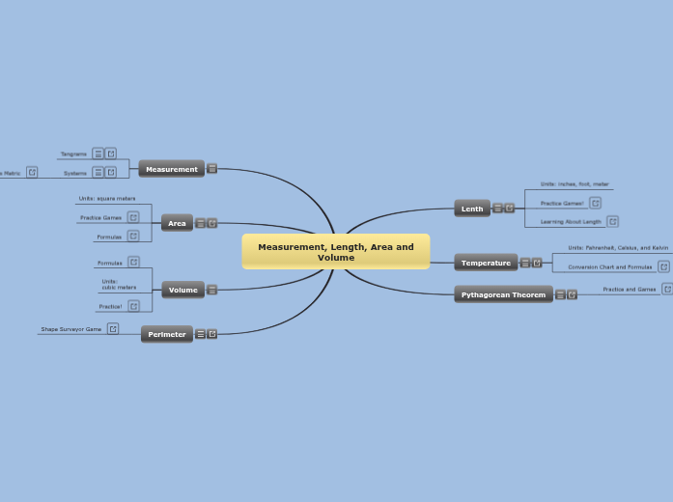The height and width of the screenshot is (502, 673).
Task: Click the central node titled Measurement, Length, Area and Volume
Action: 335,252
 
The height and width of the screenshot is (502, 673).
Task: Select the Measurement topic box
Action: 171,169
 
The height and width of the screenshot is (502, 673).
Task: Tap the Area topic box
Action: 177,223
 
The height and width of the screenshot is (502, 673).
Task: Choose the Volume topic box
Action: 182,290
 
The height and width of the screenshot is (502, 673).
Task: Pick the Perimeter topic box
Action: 167,334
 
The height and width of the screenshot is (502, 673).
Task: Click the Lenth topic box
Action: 472,209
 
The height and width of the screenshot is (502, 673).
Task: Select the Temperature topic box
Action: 486,263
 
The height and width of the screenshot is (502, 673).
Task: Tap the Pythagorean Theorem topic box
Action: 503,294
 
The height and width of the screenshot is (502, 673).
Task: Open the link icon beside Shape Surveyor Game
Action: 113,329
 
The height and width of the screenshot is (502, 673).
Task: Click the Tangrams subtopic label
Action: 73,153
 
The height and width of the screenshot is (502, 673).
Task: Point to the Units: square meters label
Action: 106,198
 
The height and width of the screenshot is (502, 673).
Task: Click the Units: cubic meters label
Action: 119,284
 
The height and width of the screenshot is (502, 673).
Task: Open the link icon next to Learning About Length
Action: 612,221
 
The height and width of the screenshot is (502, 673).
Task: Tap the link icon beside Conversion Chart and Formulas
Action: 663,266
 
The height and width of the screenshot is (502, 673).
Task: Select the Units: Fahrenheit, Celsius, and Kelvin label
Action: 617,248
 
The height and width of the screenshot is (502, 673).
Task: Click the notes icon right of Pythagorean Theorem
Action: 560,294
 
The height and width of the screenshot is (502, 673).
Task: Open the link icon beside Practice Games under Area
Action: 133,217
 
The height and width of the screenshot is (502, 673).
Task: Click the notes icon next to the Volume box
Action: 211,290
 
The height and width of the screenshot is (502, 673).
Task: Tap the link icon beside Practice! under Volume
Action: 133,306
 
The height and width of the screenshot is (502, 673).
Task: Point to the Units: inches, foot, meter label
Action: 575,183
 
